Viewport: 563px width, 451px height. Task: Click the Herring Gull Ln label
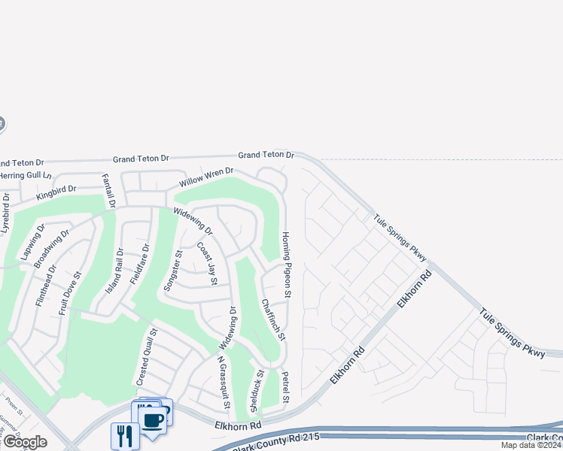point(25,175)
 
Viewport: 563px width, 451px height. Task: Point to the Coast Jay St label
point(207,263)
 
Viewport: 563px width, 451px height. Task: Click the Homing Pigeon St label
point(286,256)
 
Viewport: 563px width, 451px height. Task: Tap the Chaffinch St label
point(272,319)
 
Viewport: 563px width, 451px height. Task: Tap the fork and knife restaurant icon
point(124,435)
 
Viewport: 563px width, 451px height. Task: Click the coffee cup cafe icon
point(152,419)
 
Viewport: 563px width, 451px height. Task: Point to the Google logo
point(24,442)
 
